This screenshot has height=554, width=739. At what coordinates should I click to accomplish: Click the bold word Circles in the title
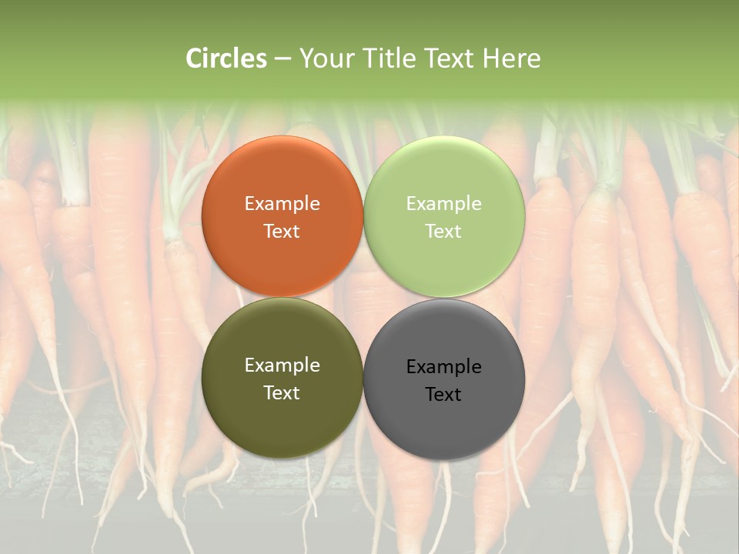click(x=226, y=58)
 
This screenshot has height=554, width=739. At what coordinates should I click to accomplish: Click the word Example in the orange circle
click(x=282, y=204)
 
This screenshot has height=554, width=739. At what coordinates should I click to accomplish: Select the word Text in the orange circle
click(x=282, y=232)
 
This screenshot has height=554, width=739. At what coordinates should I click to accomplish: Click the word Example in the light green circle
click(x=444, y=204)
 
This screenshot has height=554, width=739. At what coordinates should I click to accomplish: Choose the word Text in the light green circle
click(x=444, y=232)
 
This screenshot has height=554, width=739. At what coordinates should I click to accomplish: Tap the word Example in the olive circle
click(x=282, y=365)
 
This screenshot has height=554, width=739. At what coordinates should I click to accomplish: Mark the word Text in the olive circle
click(x=282, y=393)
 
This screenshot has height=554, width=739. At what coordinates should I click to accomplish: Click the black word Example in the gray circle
click(x=444, y=367)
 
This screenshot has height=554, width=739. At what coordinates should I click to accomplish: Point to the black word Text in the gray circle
click(x=444, y=395)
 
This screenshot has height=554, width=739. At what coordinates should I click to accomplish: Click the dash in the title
click(x=283, y=59)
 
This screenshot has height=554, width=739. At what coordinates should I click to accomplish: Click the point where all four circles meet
click(x=363, y=298)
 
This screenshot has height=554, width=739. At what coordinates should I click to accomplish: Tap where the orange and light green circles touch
click(x=363, y=217)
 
